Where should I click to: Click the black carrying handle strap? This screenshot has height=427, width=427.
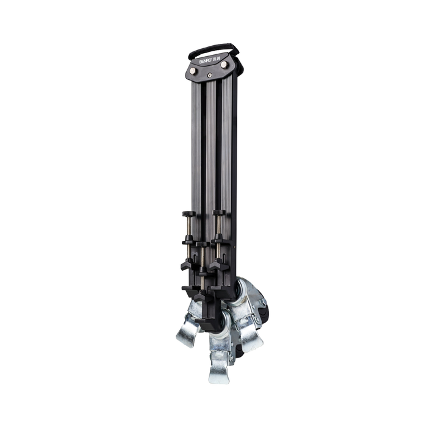click(213, 46)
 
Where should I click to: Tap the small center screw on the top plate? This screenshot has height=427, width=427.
click(210, 75)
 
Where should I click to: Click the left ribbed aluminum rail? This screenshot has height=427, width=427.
click(196, 146)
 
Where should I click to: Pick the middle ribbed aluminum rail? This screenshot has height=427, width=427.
click(210, 146)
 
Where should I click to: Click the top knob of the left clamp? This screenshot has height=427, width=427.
click(188, 213)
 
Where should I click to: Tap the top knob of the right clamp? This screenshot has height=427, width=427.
click(219, 213)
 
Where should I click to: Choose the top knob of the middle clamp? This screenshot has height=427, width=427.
click(203, 244)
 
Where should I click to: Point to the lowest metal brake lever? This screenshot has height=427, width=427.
click(219, 369)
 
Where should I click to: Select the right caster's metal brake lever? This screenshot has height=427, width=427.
click(252, 339)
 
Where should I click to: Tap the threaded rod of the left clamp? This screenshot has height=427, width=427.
click(188, 229)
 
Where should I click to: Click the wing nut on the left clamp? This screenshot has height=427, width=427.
click(188, 265)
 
